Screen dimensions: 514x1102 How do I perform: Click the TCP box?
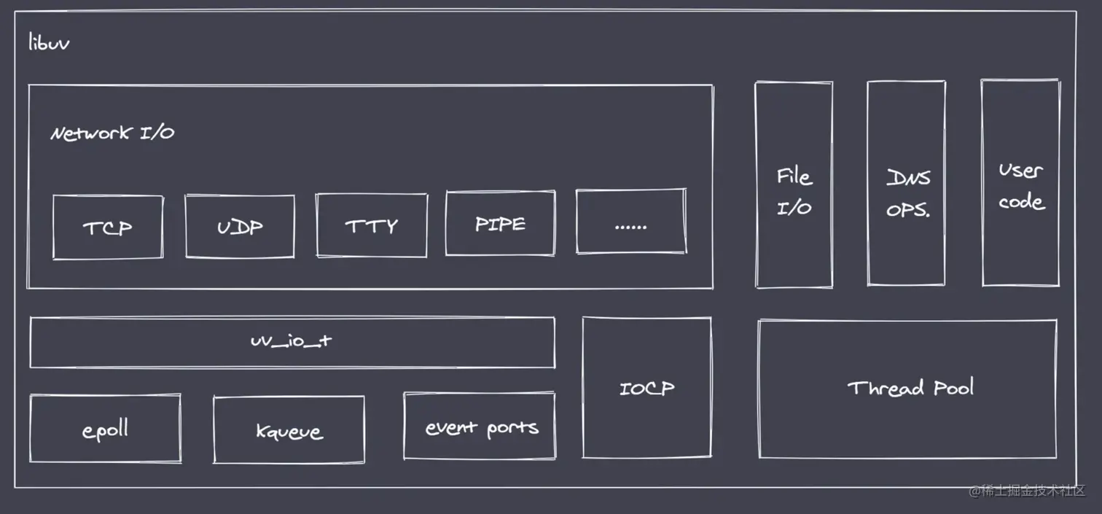108,227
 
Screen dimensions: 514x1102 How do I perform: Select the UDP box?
240,226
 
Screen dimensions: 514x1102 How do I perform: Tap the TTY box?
372,225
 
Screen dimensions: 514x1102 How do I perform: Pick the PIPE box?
500,223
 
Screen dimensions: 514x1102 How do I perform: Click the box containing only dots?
630,222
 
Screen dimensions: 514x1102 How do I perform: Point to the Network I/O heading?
112,133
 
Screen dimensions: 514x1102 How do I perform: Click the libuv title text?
49,42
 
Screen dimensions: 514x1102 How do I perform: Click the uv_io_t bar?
292,341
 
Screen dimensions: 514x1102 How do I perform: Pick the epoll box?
106,429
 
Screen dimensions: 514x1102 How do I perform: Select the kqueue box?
289,429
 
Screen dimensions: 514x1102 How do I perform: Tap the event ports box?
480,427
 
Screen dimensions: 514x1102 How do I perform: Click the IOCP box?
646,387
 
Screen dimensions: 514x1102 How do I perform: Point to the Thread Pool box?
908,389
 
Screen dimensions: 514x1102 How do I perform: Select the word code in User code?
1021,201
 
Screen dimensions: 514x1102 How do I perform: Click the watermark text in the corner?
1027,491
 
